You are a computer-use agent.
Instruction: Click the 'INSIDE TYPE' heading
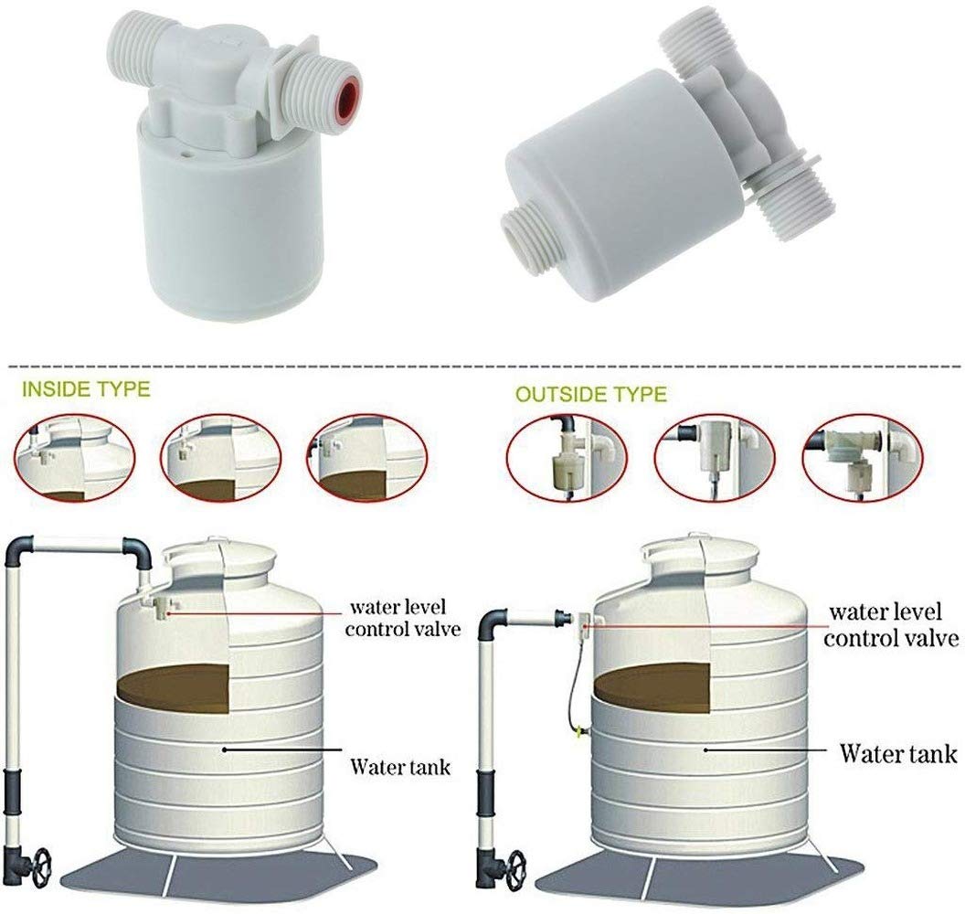tap(85, 389)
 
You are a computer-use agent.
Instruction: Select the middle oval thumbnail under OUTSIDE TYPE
tap(708, 458)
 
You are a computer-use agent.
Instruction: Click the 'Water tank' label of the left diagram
tap(399, 765)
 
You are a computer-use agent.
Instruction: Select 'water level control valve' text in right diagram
tap(891, 623)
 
